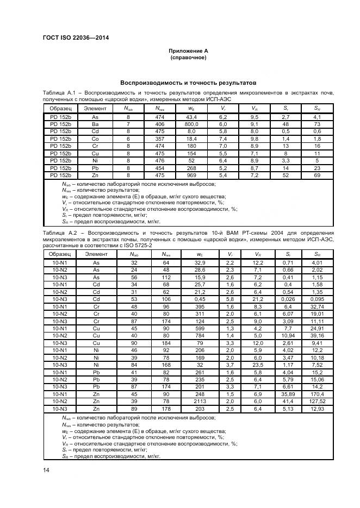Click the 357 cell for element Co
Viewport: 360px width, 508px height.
(x=159, y=139)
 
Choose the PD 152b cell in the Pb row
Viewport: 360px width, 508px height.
(x=60, y=168)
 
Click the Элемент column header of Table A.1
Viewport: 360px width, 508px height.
(x=95, y=108)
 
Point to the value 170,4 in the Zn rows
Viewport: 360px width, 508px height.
(x=316, y=393)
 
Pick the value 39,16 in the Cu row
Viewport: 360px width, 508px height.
(x=316, y=336)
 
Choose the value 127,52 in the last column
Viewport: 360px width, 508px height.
(x=316, y=400)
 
